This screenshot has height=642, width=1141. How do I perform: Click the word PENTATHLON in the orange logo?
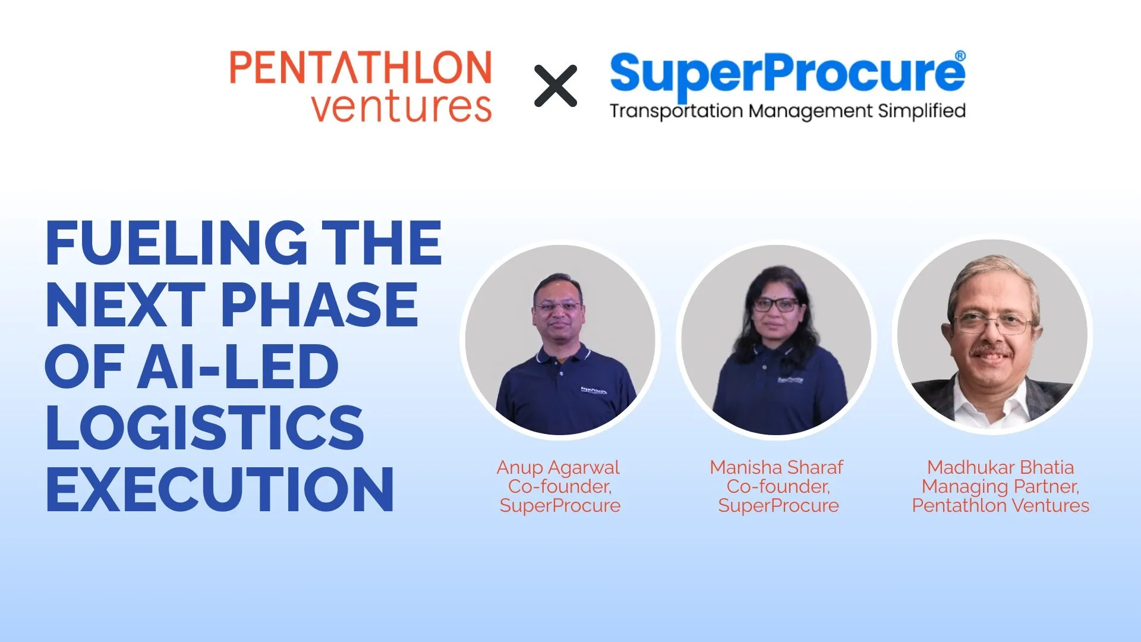[361, 68]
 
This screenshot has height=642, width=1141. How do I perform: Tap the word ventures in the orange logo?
[401, 108]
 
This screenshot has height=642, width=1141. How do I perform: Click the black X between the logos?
[555, 86]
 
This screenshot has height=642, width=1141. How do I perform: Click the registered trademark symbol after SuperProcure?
[960, 56]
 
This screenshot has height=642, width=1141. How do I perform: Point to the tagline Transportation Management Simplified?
[787, 111]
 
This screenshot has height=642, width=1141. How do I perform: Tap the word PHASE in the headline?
[320, 305]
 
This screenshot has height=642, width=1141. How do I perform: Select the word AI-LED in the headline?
[238, 367]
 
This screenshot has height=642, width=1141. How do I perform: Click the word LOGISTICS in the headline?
[204, 428]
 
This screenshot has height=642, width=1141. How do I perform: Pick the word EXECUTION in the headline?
[219, 490]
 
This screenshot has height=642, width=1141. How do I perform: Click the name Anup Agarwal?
[558, 467]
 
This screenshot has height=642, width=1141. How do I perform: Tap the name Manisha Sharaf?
[776, 467]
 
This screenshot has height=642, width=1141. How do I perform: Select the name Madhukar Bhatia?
[1000, 467]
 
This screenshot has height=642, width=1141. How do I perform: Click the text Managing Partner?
[1000, 486]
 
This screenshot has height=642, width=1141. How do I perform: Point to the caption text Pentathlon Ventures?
[1000, 506]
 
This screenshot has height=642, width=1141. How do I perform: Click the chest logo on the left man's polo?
[593, 391]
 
